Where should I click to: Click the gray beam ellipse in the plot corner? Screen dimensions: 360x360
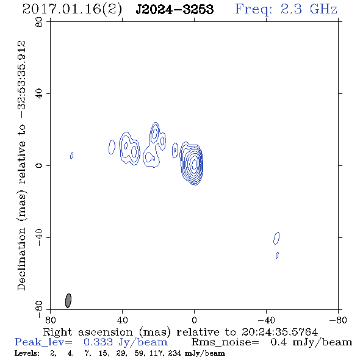68,300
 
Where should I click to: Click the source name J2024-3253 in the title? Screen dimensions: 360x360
175,10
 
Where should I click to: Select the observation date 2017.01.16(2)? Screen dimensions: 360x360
72,10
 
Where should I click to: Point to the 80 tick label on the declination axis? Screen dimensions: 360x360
39,22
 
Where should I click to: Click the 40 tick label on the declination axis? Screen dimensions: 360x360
39,94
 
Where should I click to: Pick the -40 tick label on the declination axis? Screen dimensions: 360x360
39,237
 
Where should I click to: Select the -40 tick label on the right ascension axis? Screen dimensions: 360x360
266,320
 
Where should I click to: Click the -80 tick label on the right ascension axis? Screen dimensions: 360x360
338,320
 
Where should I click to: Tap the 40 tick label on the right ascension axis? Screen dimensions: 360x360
122,320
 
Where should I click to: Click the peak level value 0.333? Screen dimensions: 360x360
98,342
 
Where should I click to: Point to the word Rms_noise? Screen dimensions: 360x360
225,342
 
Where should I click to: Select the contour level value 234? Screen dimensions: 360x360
175,353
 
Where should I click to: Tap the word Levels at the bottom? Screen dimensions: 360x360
27,353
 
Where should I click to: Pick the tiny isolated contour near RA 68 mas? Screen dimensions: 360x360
71,156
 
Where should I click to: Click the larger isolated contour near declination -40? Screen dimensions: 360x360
276,238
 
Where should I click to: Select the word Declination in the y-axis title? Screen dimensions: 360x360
21,259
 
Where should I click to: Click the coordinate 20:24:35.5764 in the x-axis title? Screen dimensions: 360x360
279,332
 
